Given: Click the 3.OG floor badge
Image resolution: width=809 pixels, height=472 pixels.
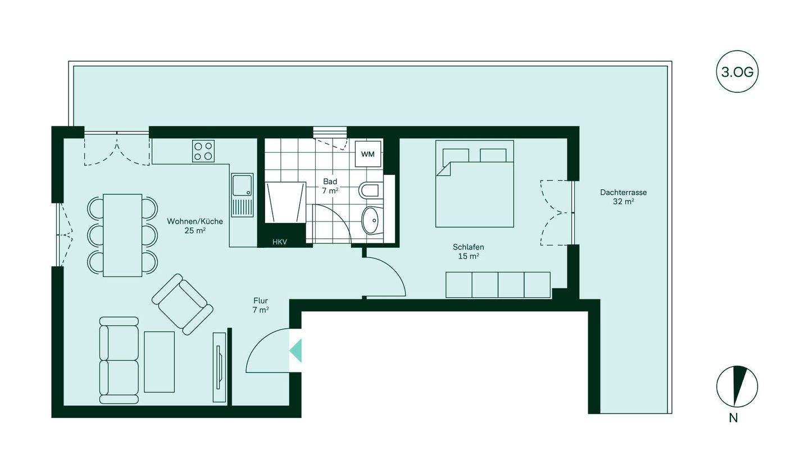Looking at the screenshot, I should (737, 72).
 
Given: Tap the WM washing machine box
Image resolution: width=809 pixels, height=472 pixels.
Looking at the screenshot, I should (368, 154).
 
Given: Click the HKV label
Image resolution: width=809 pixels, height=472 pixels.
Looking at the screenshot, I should (280, 242).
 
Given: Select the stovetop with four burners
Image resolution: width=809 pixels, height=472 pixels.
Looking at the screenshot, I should (203, 151).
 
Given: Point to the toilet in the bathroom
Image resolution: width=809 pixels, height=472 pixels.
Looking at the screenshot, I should (369, 190).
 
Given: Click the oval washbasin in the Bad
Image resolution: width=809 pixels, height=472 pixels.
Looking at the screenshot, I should (371, 220).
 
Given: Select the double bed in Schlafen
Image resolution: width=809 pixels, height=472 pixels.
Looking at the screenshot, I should (475, 184).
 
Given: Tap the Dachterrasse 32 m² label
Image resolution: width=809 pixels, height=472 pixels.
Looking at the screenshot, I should (623, 197).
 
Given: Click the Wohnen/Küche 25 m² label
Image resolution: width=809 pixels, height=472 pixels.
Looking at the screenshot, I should (195, 225).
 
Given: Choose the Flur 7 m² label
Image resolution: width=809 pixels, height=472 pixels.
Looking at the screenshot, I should (261, 305).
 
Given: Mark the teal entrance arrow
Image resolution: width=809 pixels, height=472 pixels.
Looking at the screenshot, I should (296, 351).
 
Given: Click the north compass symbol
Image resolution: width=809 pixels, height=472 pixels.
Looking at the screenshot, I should (737, 387).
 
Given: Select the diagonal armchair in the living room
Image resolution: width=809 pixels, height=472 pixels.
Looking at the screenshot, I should (182, 305).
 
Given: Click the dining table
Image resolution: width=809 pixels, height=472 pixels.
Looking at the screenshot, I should (122, 235).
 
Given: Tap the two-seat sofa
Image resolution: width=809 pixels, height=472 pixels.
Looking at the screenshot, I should (119, 360).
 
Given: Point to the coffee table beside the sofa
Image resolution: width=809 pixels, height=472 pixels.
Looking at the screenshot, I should (160, 362).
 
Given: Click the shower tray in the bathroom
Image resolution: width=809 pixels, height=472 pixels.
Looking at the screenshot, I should (285, 202).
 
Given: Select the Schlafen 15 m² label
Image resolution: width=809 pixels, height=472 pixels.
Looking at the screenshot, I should (468, 251).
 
